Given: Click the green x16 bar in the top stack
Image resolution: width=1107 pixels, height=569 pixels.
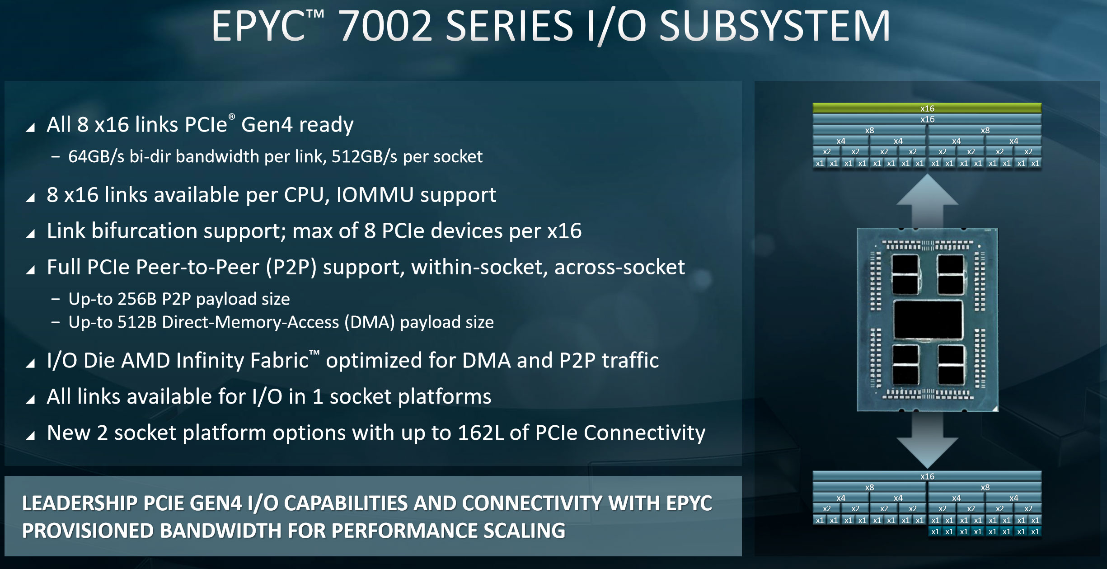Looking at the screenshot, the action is [927, 108].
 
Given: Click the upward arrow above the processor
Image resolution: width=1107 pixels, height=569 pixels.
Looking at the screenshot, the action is [927, 201].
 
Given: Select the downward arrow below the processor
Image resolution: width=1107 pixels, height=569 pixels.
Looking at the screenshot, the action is [927, 440].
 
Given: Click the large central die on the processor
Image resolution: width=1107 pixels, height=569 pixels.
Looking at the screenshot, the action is [928, 320].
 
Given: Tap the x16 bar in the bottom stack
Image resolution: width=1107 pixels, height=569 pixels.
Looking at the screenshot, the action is [927, 476].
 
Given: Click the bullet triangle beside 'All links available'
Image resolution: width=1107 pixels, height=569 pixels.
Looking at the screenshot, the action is [30, 400].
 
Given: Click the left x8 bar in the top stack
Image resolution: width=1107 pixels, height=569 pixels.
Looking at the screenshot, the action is [869, 130].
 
